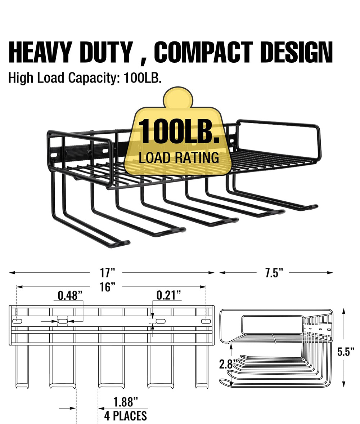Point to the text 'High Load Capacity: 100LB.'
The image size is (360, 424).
(85, 78)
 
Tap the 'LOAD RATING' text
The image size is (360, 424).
(179, 157)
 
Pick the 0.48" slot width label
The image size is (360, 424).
(70, 296)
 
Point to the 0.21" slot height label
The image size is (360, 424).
(168, 296)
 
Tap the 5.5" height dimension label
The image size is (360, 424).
(346, 352)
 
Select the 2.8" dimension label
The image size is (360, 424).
(228, 364)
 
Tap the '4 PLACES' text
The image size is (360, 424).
(126, 416)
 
